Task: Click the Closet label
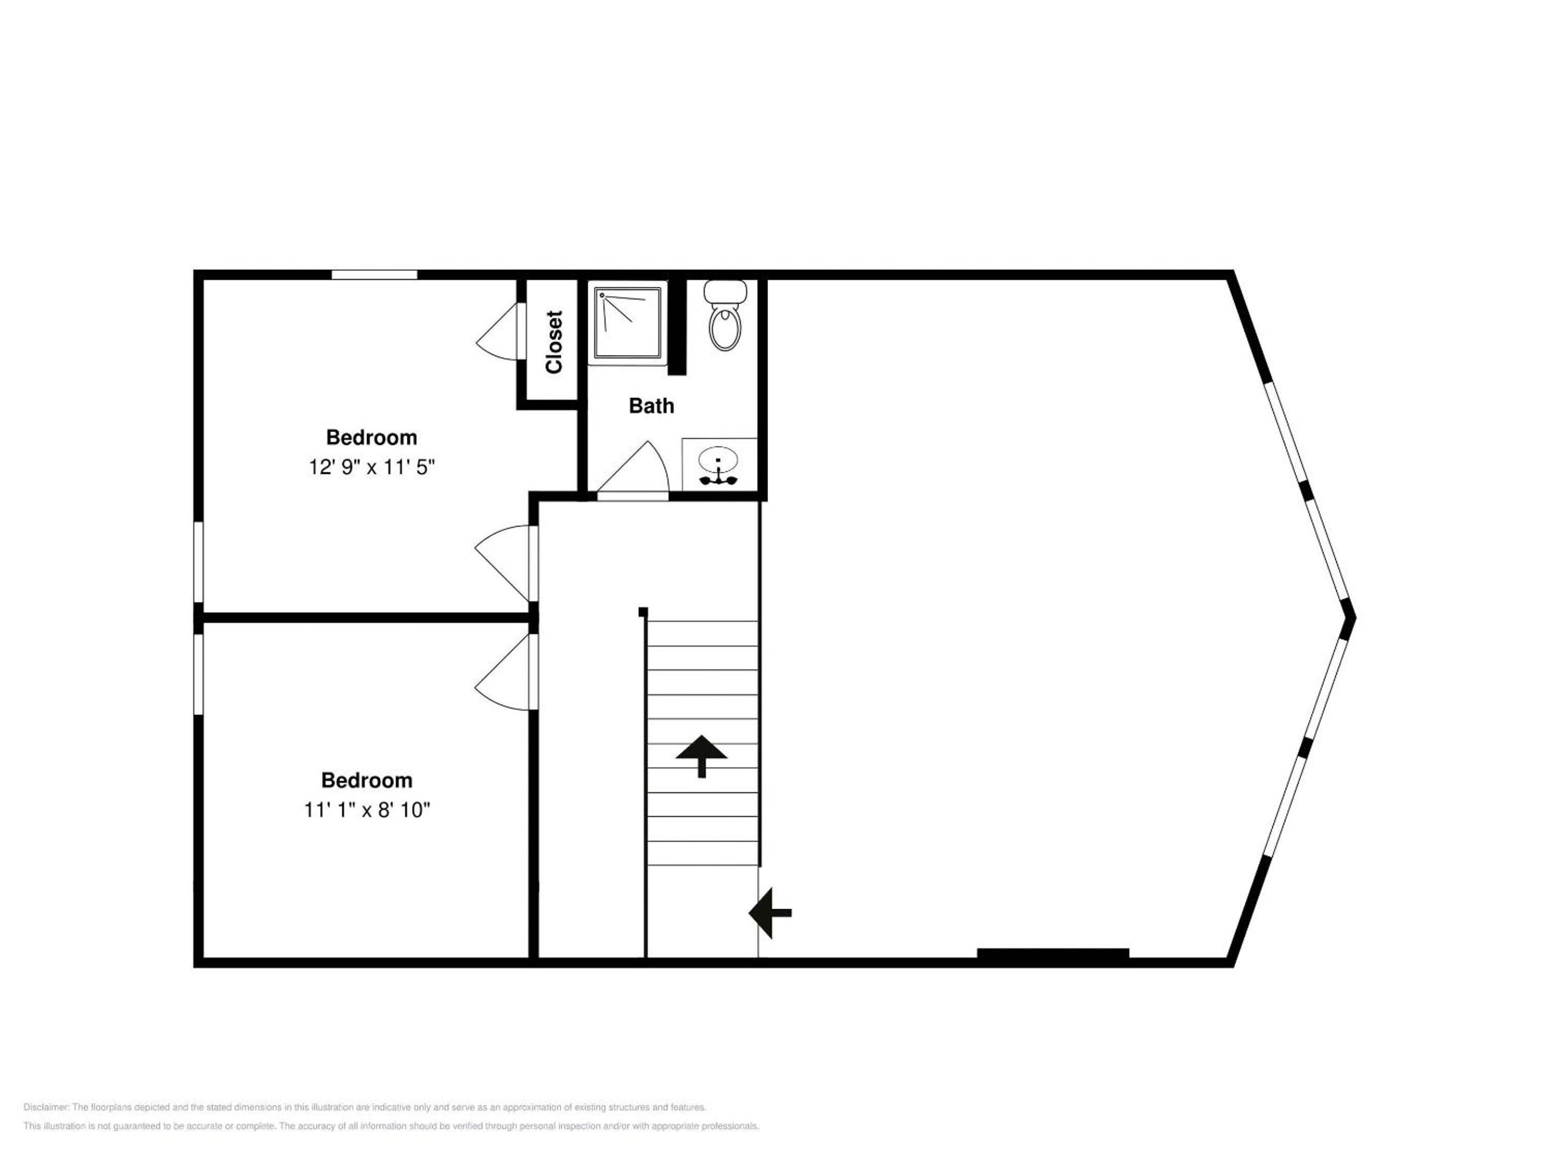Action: click(554, 342)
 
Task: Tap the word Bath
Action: click(651, 406)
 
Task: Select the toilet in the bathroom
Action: click(725, 315)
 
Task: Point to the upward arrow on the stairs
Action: click(701, 756)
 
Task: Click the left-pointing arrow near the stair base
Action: click(770, 912)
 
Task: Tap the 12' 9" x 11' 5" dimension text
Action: click(372, 467)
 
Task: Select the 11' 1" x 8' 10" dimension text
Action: click(367, 810)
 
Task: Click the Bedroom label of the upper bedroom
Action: click(371, 438)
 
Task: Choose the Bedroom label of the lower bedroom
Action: click(367, 780)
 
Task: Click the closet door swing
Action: click(499, 331)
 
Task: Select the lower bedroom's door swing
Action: click(504, 672)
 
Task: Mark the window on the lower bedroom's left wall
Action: click(198, 675)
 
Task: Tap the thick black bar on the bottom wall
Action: click(1053, 953)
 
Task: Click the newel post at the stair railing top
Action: click(643, 612)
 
